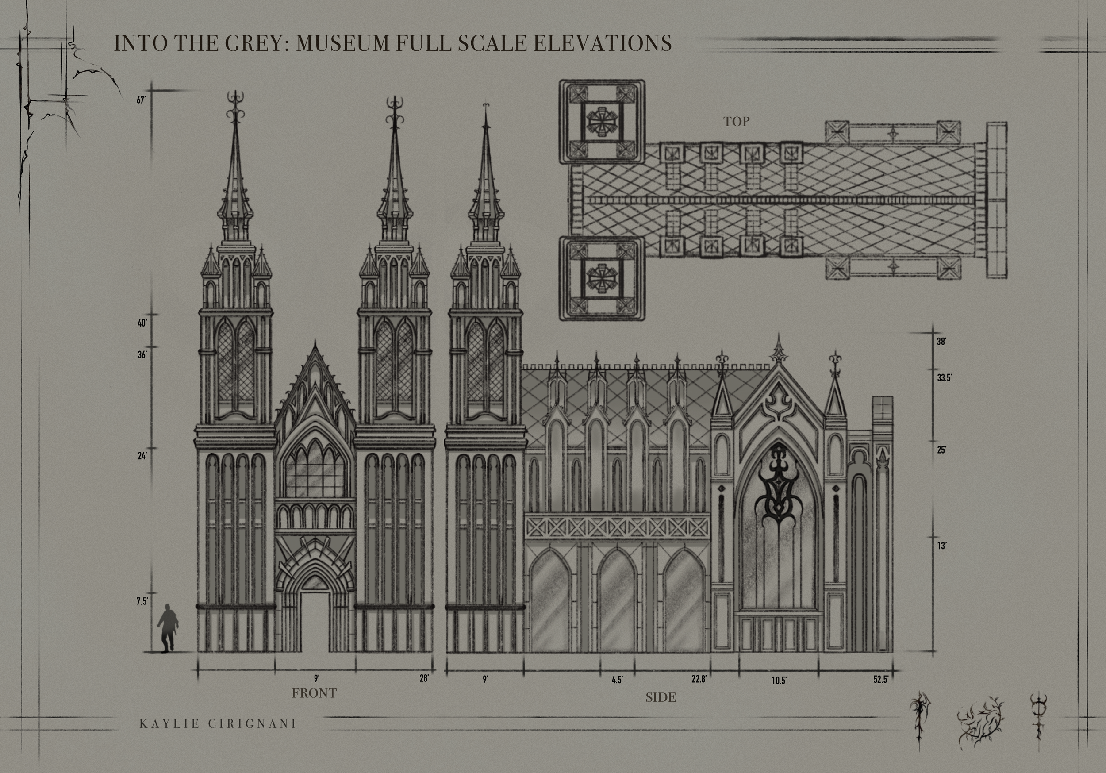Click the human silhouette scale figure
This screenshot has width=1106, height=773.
coord(167,628)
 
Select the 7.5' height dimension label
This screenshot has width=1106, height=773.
coord(142,601)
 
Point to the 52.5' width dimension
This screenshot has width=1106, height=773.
coord(880,680)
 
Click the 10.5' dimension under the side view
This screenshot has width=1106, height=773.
coord(779,681)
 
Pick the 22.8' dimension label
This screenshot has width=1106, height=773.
coord(699,680)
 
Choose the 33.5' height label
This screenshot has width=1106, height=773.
coord(944,378)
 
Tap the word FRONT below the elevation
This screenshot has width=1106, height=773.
coord(314,693)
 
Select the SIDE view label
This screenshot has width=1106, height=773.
coord(661,697)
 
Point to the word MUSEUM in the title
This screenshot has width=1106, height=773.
coord(342,43)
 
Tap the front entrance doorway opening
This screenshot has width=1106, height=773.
coord(315,622)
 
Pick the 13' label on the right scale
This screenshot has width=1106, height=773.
coord(942,546)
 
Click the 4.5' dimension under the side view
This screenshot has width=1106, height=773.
coord(617,680)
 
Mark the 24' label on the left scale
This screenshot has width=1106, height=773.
coord(142,455)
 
